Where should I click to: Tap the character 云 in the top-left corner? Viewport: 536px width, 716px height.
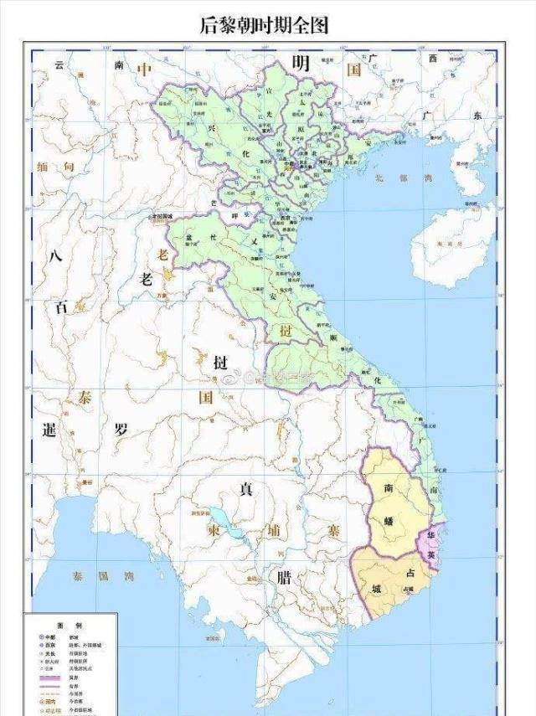(x=59, y=64)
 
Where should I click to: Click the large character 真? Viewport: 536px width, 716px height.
(x=246, y=488)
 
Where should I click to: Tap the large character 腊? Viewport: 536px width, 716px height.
(x=284, y=578)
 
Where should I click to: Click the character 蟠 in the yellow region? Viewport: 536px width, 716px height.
(x=389, y=520)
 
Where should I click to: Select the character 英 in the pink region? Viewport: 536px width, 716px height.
(x=430, y=554)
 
